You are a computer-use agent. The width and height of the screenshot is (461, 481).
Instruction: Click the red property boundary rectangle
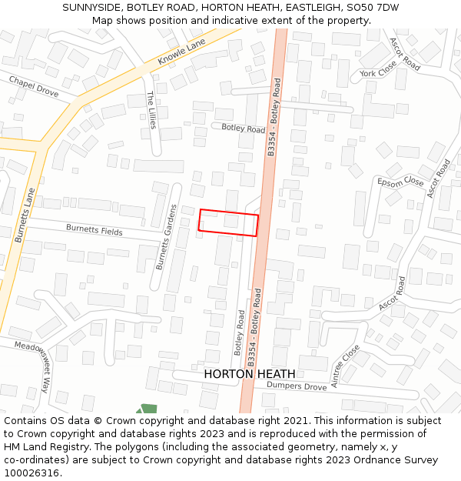tap(228, 222)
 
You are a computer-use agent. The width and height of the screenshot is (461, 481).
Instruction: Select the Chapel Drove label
tap(34, 86)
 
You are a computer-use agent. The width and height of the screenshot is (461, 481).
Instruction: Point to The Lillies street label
tap(151, 109)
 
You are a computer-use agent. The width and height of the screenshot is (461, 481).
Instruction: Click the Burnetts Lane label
tap(25, 215)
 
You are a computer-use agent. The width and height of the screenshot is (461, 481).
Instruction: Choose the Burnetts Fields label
tap(94, 230)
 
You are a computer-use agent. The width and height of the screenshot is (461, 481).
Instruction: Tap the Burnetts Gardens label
tap(167, 237)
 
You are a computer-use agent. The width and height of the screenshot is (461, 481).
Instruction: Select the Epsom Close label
tap(400, 182)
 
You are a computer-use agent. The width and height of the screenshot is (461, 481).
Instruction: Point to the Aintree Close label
tap(345, 366)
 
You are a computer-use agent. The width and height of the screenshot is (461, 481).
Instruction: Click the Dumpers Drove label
tap(297, 386)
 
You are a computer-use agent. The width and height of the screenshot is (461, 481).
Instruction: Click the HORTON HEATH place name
tap(250, 374)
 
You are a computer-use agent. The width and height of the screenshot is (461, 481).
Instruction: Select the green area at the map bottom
tap(147, 409)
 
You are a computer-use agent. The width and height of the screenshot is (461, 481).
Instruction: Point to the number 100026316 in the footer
tap(32, 473)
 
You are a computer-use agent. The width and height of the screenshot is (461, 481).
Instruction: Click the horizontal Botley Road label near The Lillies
tap(243, 129)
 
